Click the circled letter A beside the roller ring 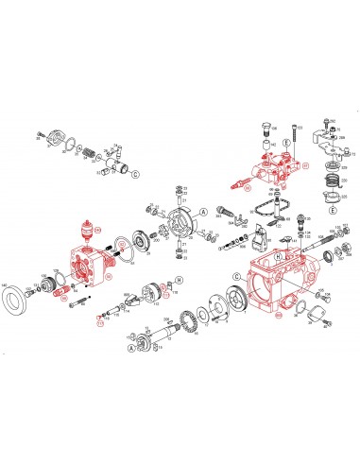point(201,213)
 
